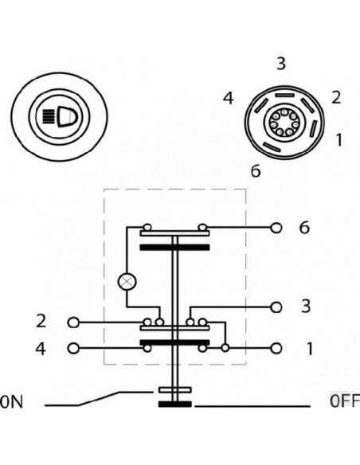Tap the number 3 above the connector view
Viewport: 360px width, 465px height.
[280, 64]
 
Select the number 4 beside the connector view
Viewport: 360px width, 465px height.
[229, 99]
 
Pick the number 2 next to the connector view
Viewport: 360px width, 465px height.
[335, 98]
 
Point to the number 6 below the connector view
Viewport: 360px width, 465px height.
[255, 170]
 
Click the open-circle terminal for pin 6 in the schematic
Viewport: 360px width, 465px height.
[276, 227]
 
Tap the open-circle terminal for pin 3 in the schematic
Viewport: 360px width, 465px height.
[276, 306]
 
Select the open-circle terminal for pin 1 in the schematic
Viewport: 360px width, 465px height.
[276, 348]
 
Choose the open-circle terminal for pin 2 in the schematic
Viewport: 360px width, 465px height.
[75, 322]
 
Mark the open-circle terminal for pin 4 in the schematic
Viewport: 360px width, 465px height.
[75, 348]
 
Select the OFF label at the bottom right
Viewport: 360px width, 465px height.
[343, 400]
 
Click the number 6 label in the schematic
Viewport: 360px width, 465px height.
[303, 228]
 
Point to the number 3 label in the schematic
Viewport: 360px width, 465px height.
[305, 306]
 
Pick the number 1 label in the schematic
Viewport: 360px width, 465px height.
[309, 348]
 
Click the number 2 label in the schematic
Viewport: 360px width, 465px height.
[41, 322]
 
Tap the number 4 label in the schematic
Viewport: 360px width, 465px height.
[41, 348]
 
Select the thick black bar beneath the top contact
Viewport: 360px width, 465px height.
[174, 248]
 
